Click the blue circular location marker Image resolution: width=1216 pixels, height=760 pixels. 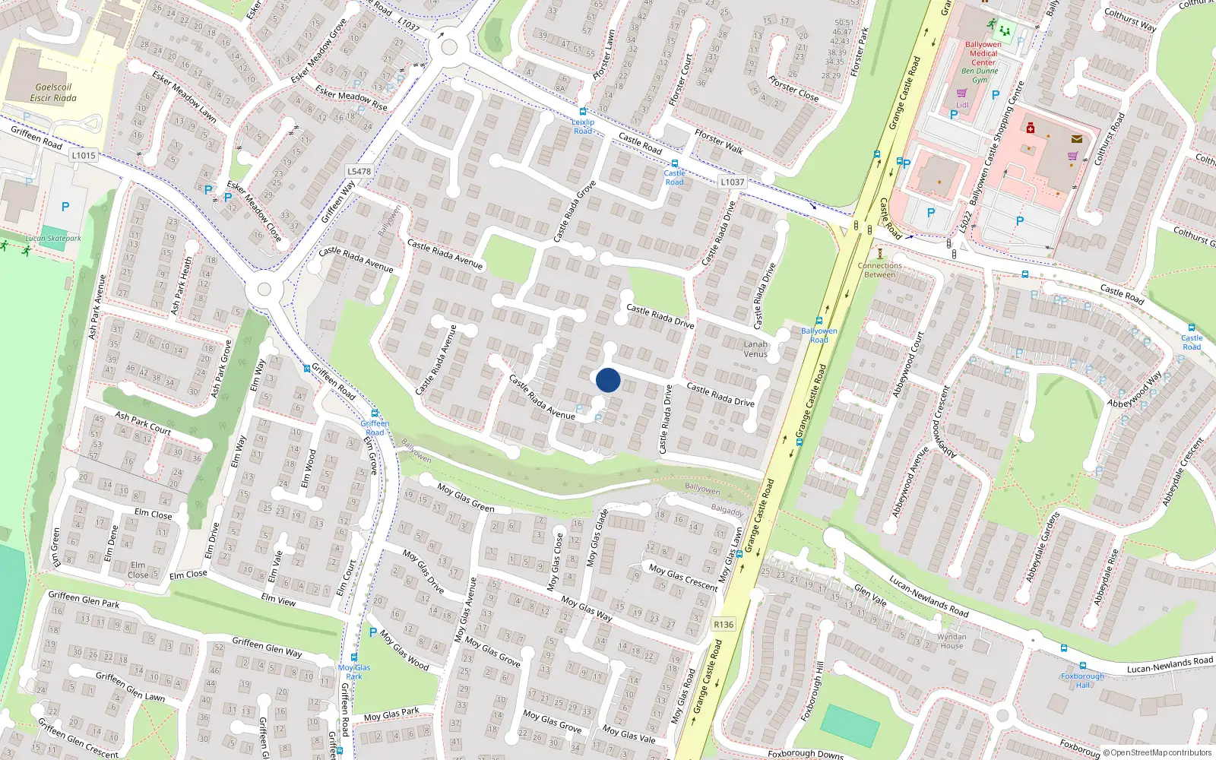point(608,380)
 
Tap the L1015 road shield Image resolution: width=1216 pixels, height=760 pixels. point(84,156)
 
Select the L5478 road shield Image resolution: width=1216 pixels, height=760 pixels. point(359,172)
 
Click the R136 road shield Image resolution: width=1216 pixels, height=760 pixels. point(724,625)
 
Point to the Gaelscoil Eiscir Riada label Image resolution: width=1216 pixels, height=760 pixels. point(53,93)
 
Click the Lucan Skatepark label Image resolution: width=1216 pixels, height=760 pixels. point(53,239)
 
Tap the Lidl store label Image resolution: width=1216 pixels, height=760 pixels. point(962,105)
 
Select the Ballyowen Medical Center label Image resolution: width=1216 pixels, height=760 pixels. point(983,53)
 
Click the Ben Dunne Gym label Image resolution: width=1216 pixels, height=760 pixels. point(980,75)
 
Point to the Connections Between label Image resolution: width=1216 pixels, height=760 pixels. point(880,270)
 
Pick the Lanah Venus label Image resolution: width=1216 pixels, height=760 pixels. point(755,349)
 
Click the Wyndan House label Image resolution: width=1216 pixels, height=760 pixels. point(952,641)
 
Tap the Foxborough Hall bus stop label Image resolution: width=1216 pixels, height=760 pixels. point(1082,680)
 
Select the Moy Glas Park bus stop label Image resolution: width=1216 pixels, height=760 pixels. point(354,672)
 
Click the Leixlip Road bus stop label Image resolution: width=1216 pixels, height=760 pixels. point(583,126)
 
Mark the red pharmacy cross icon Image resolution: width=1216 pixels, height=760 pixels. point(1030,128)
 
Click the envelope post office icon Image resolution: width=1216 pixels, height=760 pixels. point(1077,139)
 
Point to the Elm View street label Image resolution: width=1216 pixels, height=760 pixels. point(278,600)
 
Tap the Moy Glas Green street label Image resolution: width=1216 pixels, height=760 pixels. point(466,497)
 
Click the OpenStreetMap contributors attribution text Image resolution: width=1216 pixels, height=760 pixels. point(1161,753)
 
